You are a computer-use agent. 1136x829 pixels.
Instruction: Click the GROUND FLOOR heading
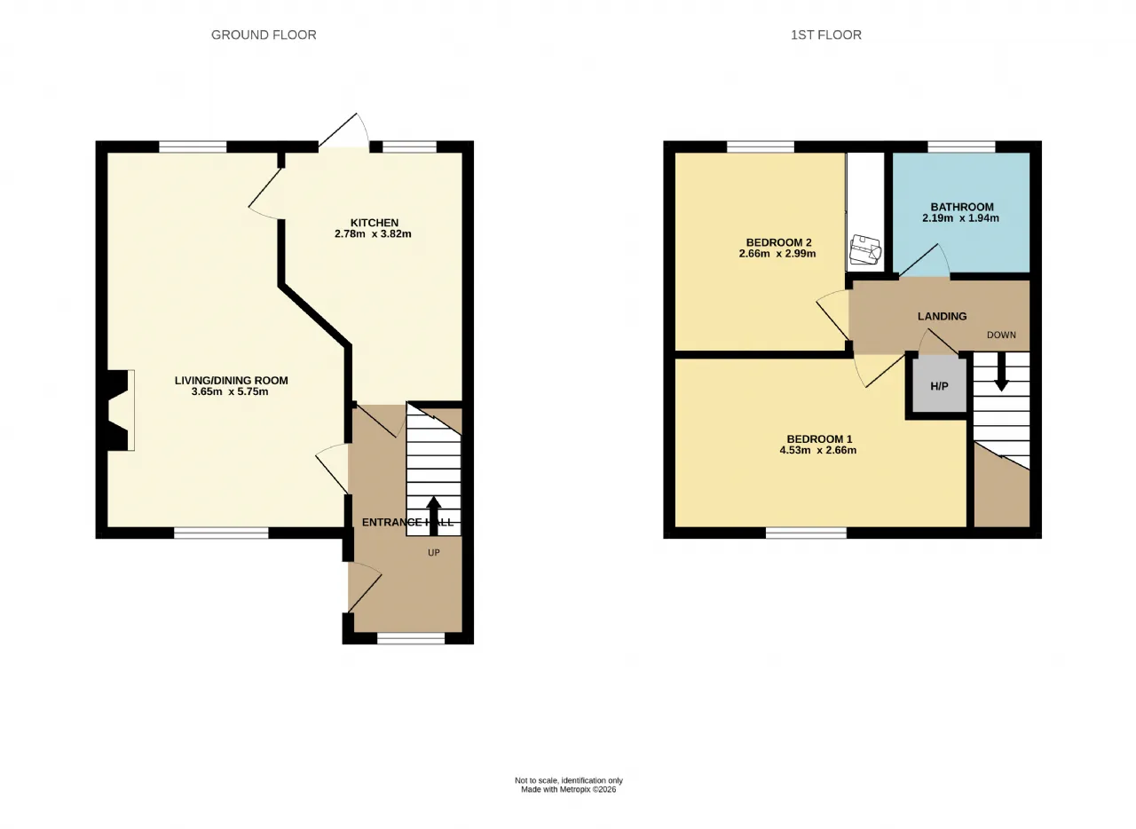(264, 35)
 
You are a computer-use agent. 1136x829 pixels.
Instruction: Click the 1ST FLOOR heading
(826, 35)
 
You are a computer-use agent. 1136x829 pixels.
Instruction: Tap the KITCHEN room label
(375, 223)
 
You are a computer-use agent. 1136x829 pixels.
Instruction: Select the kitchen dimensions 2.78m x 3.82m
(373, 234)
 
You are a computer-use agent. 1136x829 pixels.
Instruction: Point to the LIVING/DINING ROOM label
(232, 381)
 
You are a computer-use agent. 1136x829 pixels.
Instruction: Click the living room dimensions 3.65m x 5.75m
(230, 391)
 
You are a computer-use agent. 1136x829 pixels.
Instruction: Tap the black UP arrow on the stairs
(433, 516)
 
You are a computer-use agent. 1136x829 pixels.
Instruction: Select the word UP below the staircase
(434, 553)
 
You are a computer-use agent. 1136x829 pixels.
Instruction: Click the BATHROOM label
(962, 207)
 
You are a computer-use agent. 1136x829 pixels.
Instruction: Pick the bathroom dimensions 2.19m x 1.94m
(960, 218)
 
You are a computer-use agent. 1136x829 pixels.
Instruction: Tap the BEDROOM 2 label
(779, 242)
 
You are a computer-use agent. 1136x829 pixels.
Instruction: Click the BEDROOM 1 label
(819, 438)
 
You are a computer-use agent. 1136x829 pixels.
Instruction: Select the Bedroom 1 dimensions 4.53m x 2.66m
(818, 450)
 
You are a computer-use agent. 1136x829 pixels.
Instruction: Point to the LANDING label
(943, 316)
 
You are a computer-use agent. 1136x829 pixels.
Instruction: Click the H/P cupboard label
(939, 386)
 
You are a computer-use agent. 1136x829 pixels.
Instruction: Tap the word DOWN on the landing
(1001, 335)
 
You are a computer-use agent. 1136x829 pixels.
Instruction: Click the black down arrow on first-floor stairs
(1001, 372)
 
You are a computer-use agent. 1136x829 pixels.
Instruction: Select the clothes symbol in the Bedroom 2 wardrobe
(865, 249)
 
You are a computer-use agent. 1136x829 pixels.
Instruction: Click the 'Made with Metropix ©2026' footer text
(569, 789)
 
